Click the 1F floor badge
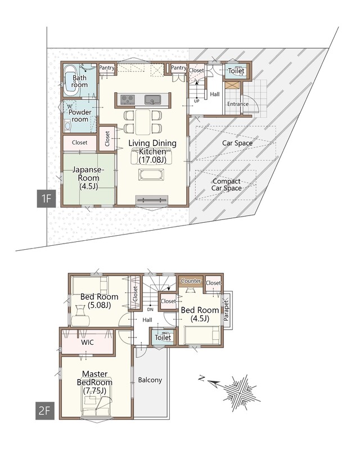click(46, 199)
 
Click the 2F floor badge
click(44, 411)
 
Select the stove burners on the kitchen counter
click(127, 100)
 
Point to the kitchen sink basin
click(153, 100)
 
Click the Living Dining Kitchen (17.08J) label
click(152, 151)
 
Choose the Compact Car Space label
click(227, 185)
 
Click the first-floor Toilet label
click(236, 71)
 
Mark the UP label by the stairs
click(197, 101)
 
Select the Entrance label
click(238, 104)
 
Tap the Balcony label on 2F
click(150, 380)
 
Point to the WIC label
click(87, 343)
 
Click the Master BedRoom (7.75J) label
click(94, 382)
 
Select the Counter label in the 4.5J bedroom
click(191, 281)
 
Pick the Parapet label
click(226, 310)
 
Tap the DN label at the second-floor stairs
click(150, 309)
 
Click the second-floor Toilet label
click(163, 337)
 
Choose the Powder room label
click(80, 116)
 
